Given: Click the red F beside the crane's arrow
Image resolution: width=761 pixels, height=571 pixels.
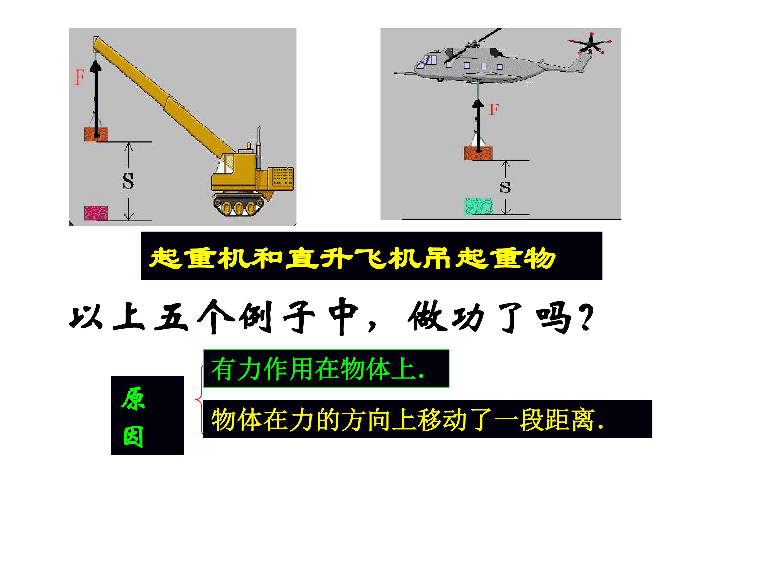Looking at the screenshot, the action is click(x=80, y=77).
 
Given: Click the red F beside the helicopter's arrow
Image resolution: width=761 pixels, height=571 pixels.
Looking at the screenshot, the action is click(x=494, y=109).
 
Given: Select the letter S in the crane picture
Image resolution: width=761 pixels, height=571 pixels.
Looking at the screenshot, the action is click(x=128, y=181).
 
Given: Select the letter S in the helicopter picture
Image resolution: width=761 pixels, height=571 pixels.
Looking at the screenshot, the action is click(x=505, y=187).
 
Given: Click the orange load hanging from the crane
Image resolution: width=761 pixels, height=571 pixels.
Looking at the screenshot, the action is click(x=97, y=134).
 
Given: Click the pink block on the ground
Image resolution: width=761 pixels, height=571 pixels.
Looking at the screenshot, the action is click(x=97, y=213).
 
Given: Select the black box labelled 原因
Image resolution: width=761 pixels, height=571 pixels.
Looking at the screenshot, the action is click(x=147, y=416).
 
